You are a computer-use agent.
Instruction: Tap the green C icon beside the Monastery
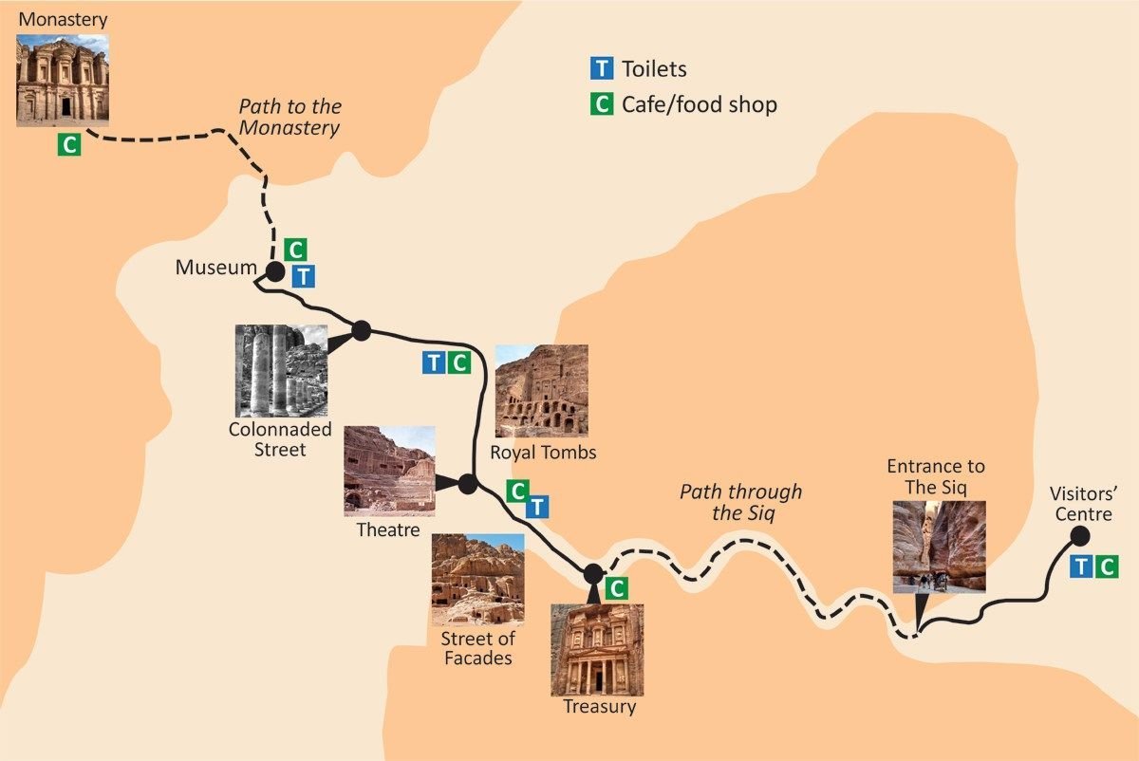pos(68,145)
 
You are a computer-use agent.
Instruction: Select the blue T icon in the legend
pos(601,68)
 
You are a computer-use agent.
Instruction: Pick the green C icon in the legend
pos(601,103)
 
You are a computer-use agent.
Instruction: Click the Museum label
pos(215,269)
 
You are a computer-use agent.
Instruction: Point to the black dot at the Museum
pos(275,272)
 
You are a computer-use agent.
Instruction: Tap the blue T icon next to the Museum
pos(303,276)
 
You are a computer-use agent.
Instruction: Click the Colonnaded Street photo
pos(282,370)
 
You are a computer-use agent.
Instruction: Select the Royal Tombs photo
pos(541,391)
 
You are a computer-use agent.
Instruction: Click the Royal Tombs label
pos(543,452)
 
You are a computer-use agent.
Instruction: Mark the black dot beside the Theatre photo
pos(467,484)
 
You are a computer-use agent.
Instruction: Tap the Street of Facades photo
pos(477,579)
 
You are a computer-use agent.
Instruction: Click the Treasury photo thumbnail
pos(597,649)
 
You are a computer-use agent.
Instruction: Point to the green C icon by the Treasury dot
pos(616,588)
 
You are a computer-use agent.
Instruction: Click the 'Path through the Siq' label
pos(740,502)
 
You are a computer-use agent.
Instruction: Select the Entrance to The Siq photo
pos(925,546)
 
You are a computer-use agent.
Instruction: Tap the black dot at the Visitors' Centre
pos(1079,536)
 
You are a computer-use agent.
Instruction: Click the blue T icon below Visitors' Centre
pos(1081,567)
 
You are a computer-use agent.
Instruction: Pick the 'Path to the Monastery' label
pos(289,118)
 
